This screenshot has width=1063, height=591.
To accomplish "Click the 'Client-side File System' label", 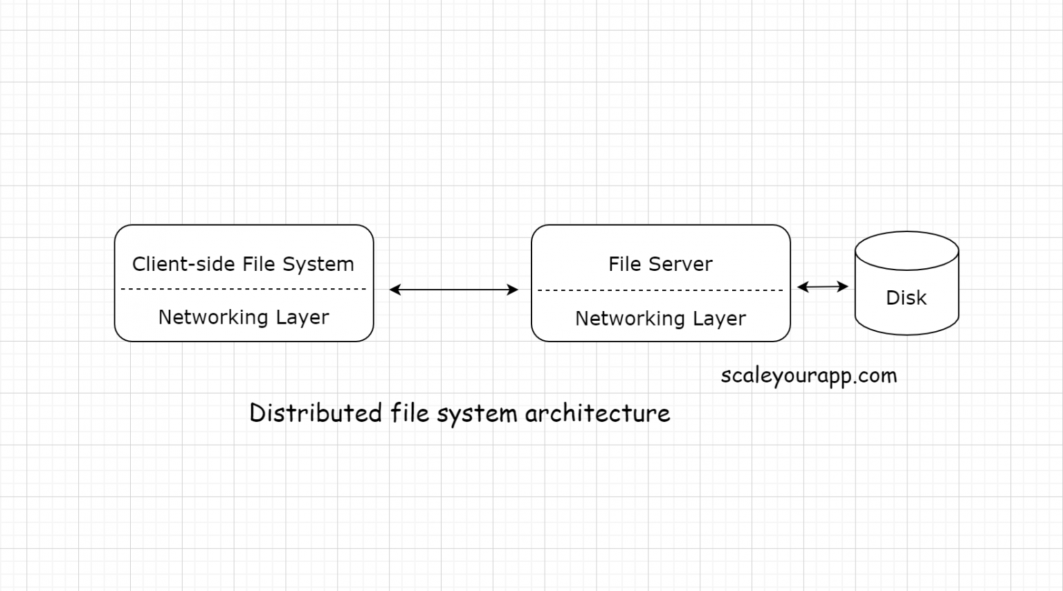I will [x=243, y=264].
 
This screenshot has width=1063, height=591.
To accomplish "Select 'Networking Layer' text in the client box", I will [x=244, y=317].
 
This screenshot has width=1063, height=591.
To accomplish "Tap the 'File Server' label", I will [x=660, y=264].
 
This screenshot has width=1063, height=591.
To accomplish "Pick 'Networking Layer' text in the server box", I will [x=660, y=319].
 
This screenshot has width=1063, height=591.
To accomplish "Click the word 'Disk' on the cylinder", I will [x=906, y=298].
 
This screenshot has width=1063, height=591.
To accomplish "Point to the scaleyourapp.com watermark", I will [x=808, y=376].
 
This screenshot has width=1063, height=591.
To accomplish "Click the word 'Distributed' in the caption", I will [x=316, y=413].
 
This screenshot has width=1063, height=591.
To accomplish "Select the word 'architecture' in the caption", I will [x=597, y=413].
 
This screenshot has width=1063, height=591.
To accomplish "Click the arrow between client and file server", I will [x=453, y=290].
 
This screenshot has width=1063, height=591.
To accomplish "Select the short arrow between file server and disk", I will [x=822, y=286].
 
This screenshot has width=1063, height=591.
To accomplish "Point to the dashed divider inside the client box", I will [x=244, y=289].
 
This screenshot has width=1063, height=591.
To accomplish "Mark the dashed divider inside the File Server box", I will [x=660, y=290].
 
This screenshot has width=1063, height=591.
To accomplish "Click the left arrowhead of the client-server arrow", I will [x=394, y=290].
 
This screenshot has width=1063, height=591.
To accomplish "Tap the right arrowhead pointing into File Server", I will [x=513, y=290].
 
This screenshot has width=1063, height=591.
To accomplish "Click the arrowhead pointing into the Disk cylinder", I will [x=844, y=286].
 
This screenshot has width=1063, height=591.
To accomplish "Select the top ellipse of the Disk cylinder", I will [x=907, y=250].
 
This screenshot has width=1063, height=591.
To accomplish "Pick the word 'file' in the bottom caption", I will [x=410, y=413].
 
